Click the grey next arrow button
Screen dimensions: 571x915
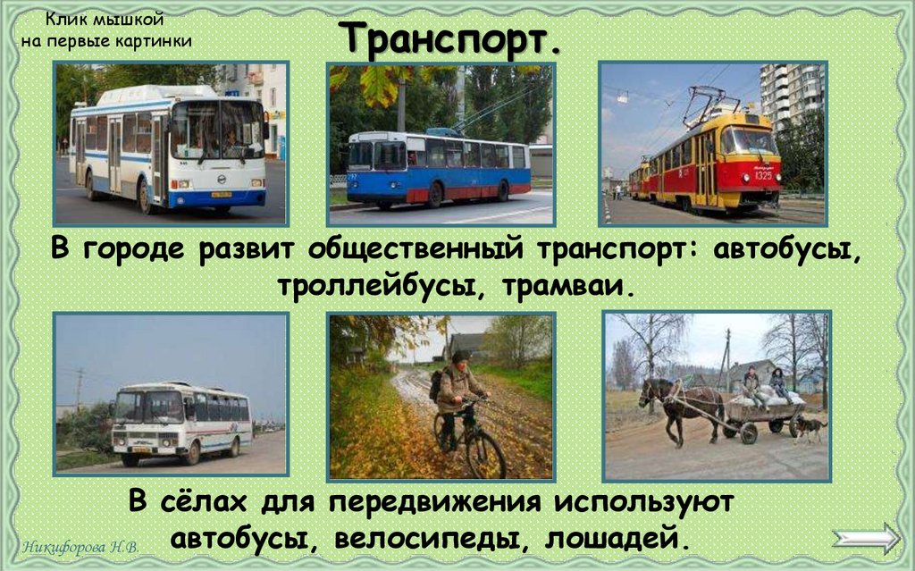tap(866, 539)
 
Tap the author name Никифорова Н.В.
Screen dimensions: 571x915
tap(79, 546)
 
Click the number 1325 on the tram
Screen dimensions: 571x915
tap(762, 175)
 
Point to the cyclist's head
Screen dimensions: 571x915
tap(460, 359)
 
